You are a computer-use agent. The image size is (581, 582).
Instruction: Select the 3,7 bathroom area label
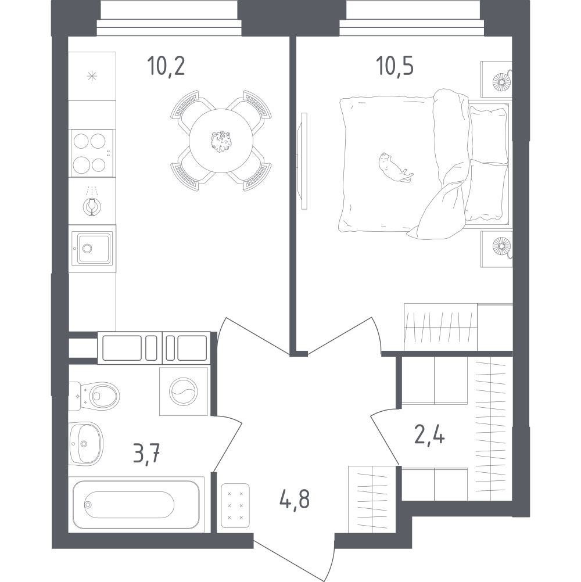coord(146,451)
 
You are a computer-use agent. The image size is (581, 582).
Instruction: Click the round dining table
coord(221,140)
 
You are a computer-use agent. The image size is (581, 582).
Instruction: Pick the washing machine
coord(184,391)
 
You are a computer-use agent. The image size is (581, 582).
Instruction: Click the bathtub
coord(137,503)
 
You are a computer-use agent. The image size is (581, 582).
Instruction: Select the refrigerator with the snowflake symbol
coord(92,76)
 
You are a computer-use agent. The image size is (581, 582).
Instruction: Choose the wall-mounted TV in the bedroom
coord(304,160)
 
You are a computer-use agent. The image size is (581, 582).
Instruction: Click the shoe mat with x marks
coord(235,505)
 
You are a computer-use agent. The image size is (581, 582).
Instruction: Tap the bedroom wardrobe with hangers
coord(442,327)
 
